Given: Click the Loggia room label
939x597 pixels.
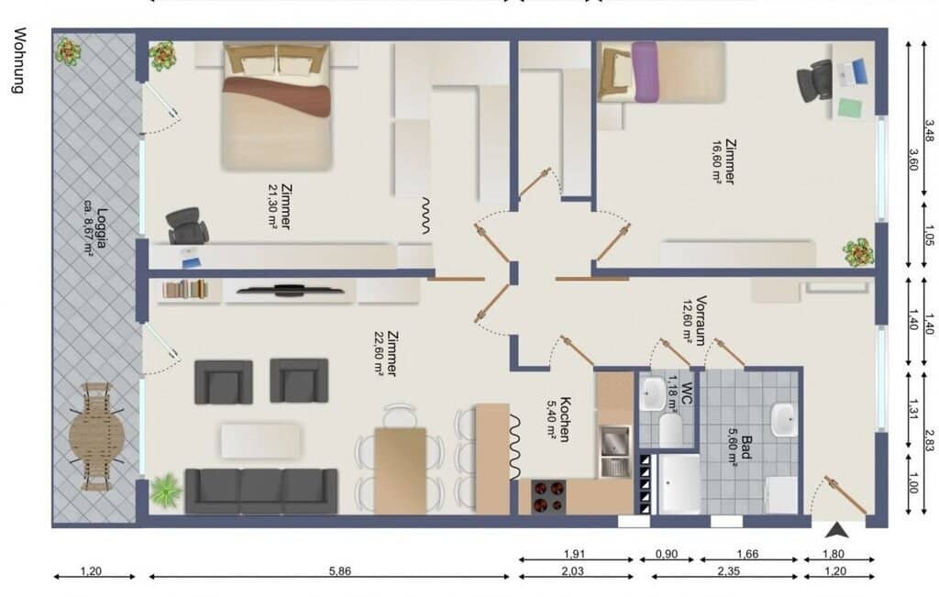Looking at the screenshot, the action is [x=102, y=227].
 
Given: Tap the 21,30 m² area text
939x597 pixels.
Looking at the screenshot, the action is [x=273, y=206].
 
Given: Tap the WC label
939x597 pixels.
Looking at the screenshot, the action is [x=687, y=392].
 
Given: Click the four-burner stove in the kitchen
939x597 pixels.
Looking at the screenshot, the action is [x=548, y=496].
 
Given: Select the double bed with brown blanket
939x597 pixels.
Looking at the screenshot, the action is [x=276, y=106].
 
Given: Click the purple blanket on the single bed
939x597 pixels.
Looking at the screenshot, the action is [x=645, y=72].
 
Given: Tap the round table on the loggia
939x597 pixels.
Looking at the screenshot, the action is [x=97, y=437].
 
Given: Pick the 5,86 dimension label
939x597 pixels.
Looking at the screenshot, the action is [x=340, y=571].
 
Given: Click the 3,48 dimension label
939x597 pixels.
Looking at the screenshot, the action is [x=929, y=131].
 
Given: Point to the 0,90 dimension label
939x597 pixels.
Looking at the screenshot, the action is [x=667, y=555].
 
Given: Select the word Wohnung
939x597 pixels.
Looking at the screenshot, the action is [x=20, y=60].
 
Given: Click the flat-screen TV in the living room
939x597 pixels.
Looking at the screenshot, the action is [x=290, y=291].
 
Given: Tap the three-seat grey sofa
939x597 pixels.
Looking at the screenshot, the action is [x=261, y=491].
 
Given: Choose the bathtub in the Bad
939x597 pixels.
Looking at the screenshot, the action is [x=679, y=484].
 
